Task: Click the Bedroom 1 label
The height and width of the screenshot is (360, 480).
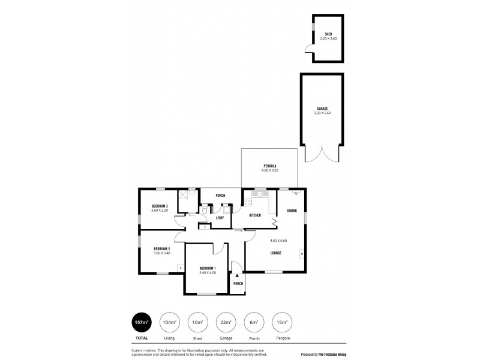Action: click(207, 267)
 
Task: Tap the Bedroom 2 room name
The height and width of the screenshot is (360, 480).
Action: click(161, 249)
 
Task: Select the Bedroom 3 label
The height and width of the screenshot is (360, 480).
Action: click(160, 206)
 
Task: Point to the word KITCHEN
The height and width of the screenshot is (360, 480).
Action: click(255, 215)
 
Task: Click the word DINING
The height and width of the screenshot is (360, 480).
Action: click(292, 211)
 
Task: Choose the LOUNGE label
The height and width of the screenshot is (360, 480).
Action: click(277, 253)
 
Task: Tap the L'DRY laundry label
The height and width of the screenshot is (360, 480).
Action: click(220, 218)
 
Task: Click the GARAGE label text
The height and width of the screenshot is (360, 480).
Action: click(322, 109)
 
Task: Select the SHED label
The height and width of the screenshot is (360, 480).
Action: click(328, 34)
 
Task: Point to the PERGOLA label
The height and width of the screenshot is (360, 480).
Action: click(270, 166)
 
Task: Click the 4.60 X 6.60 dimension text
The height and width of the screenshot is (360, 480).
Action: click(279, 241)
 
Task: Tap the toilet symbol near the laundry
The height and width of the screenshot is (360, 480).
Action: click(205, 211)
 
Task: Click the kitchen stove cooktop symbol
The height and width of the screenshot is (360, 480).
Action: click(248, 201)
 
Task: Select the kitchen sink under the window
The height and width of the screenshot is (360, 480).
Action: click(260, 194)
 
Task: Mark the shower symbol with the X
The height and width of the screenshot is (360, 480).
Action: click(183, 197)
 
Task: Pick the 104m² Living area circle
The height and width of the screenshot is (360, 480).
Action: click(170, 322)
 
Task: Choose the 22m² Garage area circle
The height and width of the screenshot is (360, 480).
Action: click(226, 322)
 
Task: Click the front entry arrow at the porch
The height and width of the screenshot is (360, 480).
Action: click(237, 274)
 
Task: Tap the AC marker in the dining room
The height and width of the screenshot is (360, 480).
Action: click(296, 194)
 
